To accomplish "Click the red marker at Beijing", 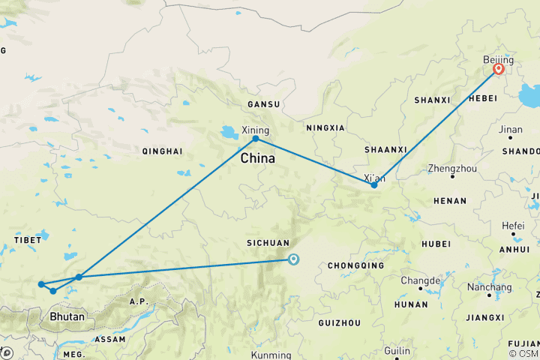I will coord(498,70).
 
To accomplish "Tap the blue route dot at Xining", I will coord(256,139).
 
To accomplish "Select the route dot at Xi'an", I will coord(374,184).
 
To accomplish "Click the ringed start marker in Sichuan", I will coord(292,259).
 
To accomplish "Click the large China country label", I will coord(257,159).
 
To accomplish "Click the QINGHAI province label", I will coord(162,151).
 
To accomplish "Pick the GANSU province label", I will coord(263,104).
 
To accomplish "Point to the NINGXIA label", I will coord(325,127).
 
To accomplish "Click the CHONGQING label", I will coord(356,265).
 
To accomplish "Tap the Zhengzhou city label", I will coord(451,169).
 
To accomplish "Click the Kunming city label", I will coord(271,355).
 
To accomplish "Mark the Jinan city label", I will coord(510,130).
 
